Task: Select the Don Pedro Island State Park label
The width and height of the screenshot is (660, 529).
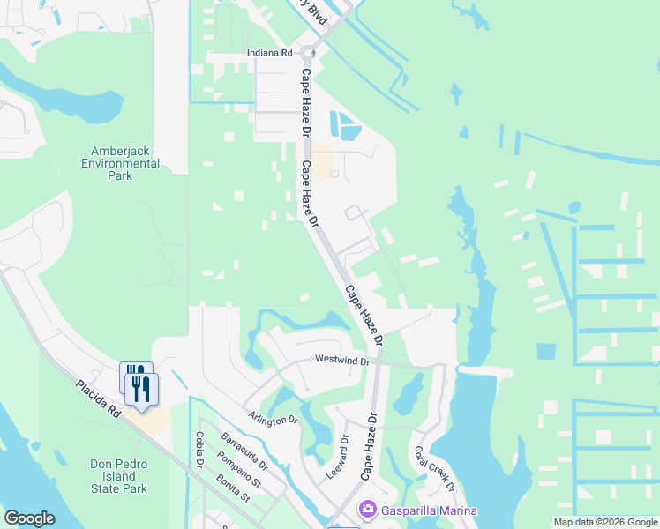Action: (x=118, y=476)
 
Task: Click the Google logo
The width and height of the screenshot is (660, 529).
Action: (x=29, y=518)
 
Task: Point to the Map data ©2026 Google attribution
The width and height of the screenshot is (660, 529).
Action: (x=605, y=522)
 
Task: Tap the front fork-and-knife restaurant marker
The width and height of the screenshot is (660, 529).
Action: (x=143, y=387)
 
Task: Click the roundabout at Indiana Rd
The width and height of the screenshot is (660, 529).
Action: (x=313, y=53)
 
